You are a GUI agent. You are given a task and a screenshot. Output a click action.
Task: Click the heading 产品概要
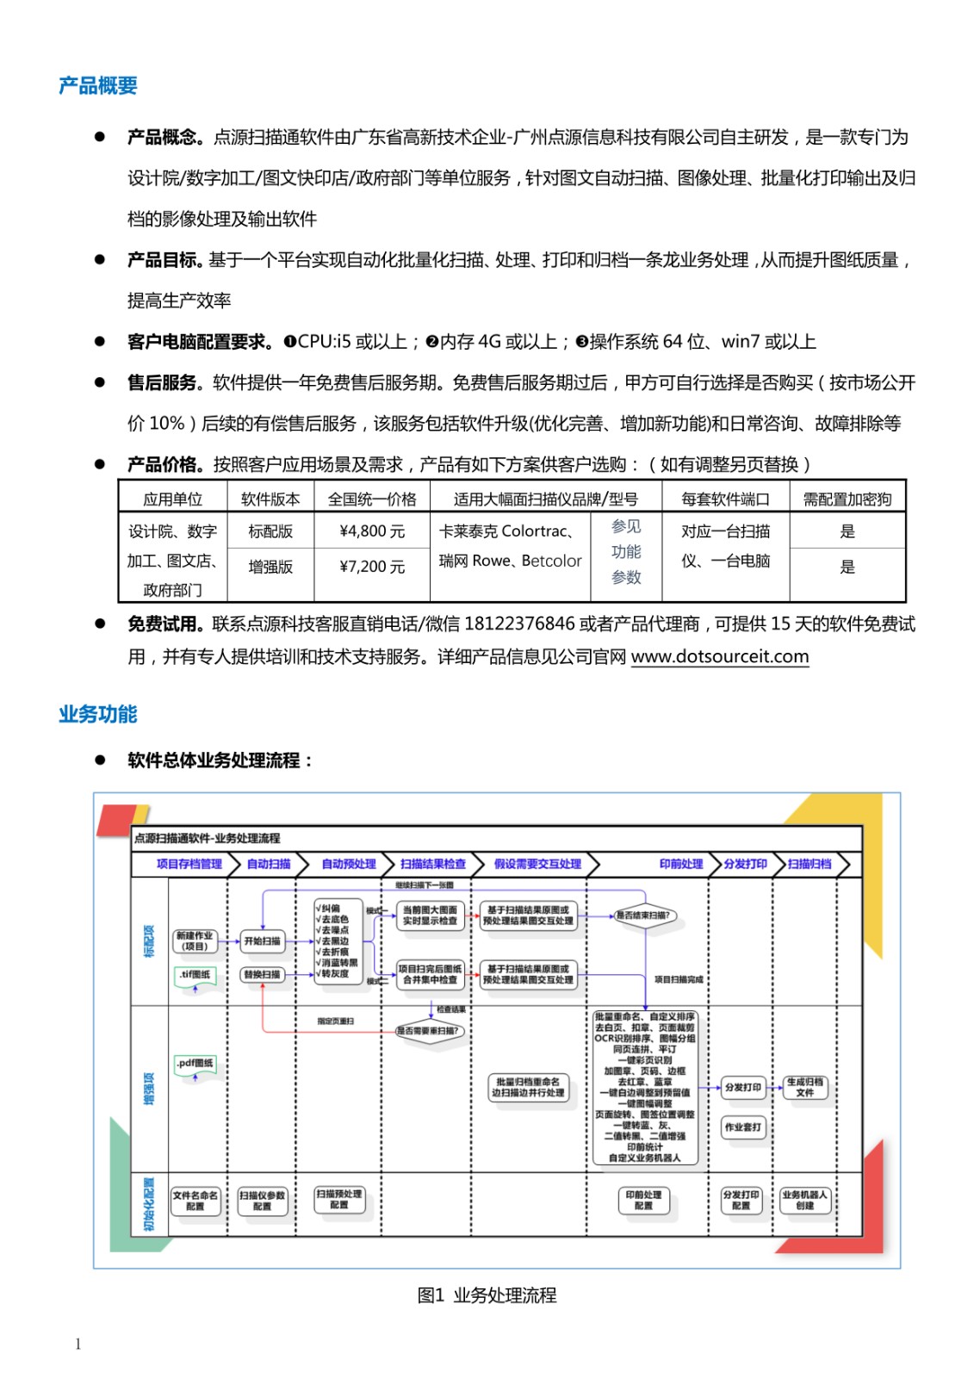point(97,86)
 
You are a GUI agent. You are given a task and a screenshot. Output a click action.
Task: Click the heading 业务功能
point(97,714)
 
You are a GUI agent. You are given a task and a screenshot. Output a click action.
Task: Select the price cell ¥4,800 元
point(372,531)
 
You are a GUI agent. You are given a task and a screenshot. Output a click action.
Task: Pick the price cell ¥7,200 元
point(372,567)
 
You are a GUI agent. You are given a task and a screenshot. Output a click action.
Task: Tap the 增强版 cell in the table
point(270,567)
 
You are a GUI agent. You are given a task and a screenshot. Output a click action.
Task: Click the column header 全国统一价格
point(372,500)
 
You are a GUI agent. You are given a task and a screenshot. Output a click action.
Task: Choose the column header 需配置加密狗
point(847,500)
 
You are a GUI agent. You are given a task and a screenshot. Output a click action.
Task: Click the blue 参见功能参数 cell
point(626,552)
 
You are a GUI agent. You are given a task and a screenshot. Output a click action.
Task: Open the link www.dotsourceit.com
point(720,656)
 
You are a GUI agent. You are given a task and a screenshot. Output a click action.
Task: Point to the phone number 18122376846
point(519,624)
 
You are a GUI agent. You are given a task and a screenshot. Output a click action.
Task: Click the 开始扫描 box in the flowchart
point(262,941)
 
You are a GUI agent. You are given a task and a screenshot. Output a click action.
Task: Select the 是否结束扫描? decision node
point(643,916)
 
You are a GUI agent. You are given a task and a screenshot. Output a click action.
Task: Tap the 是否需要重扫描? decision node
point(431,1031)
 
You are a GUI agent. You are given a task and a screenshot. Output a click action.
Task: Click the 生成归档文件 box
point(805,1087)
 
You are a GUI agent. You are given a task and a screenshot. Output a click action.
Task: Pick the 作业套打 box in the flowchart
point(742,1127)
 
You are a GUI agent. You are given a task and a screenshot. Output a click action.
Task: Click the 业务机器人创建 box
point(805,1200)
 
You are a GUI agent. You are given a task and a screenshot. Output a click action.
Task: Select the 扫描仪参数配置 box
point(262,1201)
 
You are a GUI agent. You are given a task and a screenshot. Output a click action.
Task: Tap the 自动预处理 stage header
point(348,864)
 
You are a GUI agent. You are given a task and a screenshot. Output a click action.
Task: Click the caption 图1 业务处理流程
point(487,1295)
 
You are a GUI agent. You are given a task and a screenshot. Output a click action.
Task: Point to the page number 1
point(78,1344)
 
